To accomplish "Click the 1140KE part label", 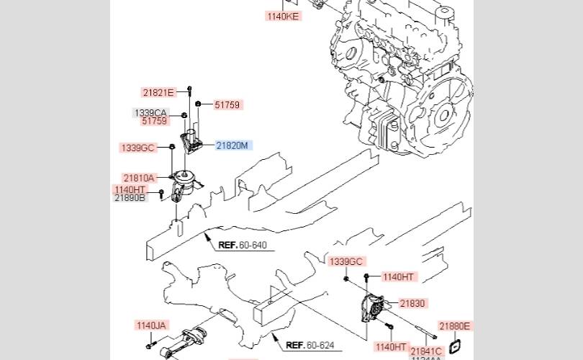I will click(283, 16).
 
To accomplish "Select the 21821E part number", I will click(158, 92).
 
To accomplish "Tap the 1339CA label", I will click(150, 113).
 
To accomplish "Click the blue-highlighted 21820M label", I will click(232, 145).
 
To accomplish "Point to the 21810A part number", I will click(139, 178).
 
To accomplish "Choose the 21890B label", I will click(130, 197).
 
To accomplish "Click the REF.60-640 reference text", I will click(243, 246).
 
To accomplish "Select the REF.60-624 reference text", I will click(310, 345).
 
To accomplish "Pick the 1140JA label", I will click(151, 325).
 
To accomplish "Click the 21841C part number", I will click(427, 351).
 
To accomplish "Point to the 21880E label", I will click(455, 326).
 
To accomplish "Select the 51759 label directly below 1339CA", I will click(154, 121).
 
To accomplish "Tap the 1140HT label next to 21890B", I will click(130, 189).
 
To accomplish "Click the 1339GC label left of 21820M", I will click(137, 148).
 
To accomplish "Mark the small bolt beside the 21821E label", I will click(189, 90).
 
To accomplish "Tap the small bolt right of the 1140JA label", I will click(148, 346).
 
